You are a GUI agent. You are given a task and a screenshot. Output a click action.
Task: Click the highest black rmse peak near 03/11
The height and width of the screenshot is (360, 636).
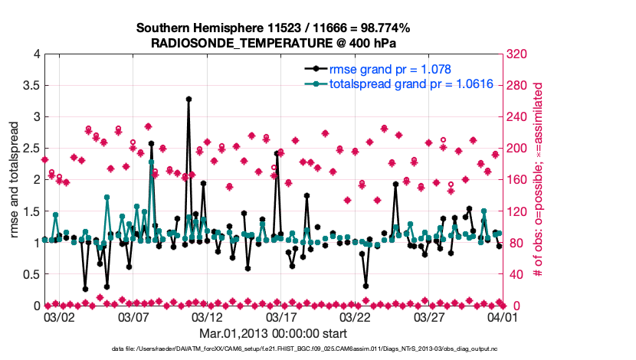(189, 100)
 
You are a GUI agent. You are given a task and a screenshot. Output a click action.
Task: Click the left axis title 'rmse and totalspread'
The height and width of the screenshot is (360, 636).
(15, 179)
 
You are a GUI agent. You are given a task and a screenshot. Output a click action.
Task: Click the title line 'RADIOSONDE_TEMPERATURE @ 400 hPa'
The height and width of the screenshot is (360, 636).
(274, 44)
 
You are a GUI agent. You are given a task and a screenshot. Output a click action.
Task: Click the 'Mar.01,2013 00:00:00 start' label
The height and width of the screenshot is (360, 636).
(274, 334)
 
